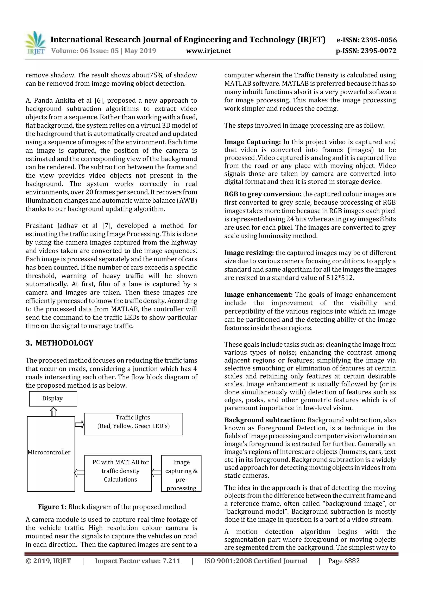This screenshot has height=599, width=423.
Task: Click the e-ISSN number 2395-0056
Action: pyautogui.click(x=379, y=40)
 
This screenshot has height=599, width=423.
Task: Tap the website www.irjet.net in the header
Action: pyautogui.click(x=208, y=51)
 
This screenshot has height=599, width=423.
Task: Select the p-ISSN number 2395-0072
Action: pyautogui.click(x=378, y=51)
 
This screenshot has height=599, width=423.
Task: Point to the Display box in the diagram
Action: pyautogui.click(x=53, y=399)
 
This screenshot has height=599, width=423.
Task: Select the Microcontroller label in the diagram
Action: pyautogui.click(x=49, y=452)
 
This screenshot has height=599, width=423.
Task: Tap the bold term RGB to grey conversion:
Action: pyautogui.click(x=263, y=194)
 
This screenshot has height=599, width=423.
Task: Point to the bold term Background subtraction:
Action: pyautogui.click(x=265, y=420)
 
